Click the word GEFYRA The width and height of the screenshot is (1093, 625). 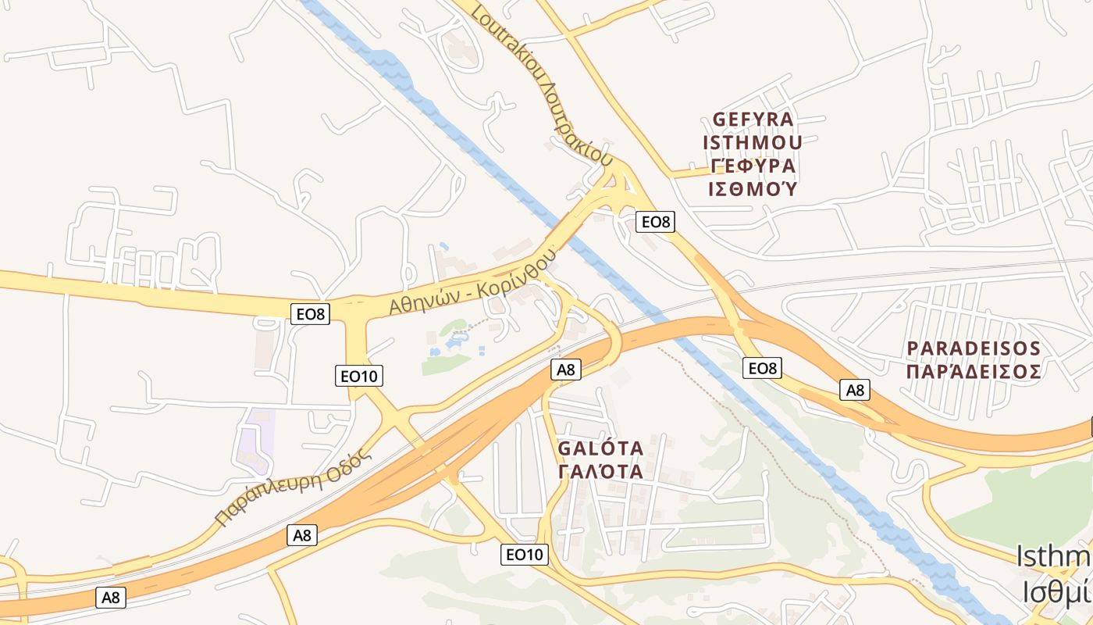(753, 120)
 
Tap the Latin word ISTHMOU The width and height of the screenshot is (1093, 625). (753, 143)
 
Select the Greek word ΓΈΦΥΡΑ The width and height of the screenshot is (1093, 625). (753, 166)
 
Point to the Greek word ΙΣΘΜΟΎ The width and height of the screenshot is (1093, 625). (753, 189)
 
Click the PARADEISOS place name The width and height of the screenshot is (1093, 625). (974, 348)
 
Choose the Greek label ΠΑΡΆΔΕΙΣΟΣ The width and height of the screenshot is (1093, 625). (974, 371)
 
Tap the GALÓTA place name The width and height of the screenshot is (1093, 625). (601, 448)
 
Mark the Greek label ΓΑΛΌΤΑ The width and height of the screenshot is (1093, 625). (601, 472)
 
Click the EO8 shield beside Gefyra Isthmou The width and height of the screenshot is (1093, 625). (655, 222)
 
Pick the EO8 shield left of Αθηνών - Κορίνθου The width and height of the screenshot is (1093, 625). (310, 314)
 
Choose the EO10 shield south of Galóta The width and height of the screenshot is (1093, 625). (524, 555)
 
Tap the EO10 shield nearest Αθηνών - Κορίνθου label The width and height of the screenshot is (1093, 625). (359, 376)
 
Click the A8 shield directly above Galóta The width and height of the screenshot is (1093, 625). (566, 370)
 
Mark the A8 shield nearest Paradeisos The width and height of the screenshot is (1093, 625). (855, 389)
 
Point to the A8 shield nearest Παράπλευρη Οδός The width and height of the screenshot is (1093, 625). (302, 535)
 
